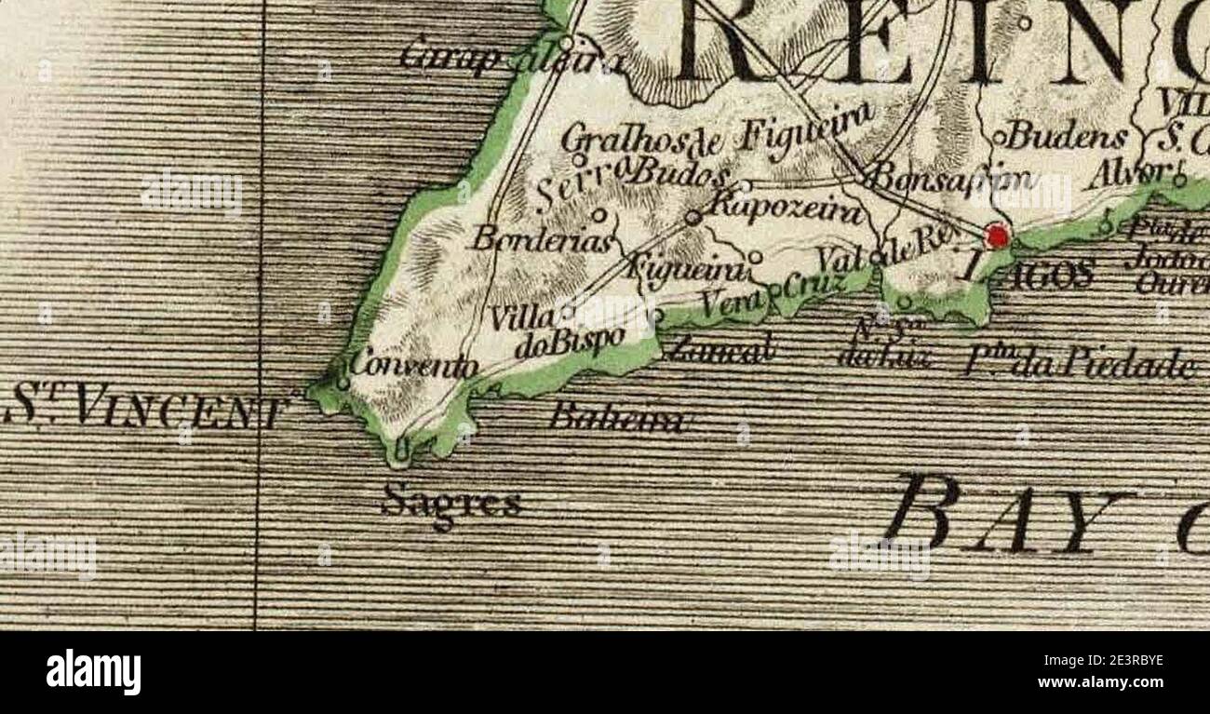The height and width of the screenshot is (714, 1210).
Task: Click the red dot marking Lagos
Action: (997, 236)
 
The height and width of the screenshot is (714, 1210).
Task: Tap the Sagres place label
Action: (451, 503)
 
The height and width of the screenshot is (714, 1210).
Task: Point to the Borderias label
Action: (543, 240)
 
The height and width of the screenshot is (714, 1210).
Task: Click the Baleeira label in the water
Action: (618, 418)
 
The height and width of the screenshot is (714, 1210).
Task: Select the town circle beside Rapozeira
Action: (692, 217)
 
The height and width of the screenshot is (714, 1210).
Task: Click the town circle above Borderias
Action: (599, 215)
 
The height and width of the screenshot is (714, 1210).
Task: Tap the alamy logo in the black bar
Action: (93, 672)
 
